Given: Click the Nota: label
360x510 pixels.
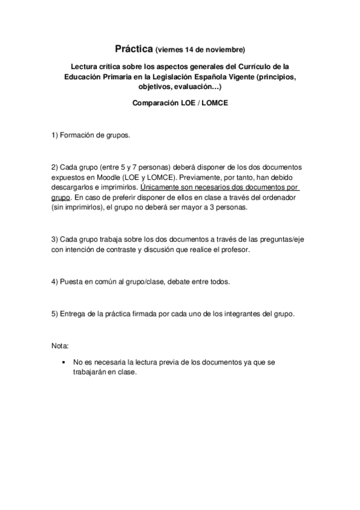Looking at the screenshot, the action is coord(60,347).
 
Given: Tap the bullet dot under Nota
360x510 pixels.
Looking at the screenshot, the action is coord(64,363).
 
